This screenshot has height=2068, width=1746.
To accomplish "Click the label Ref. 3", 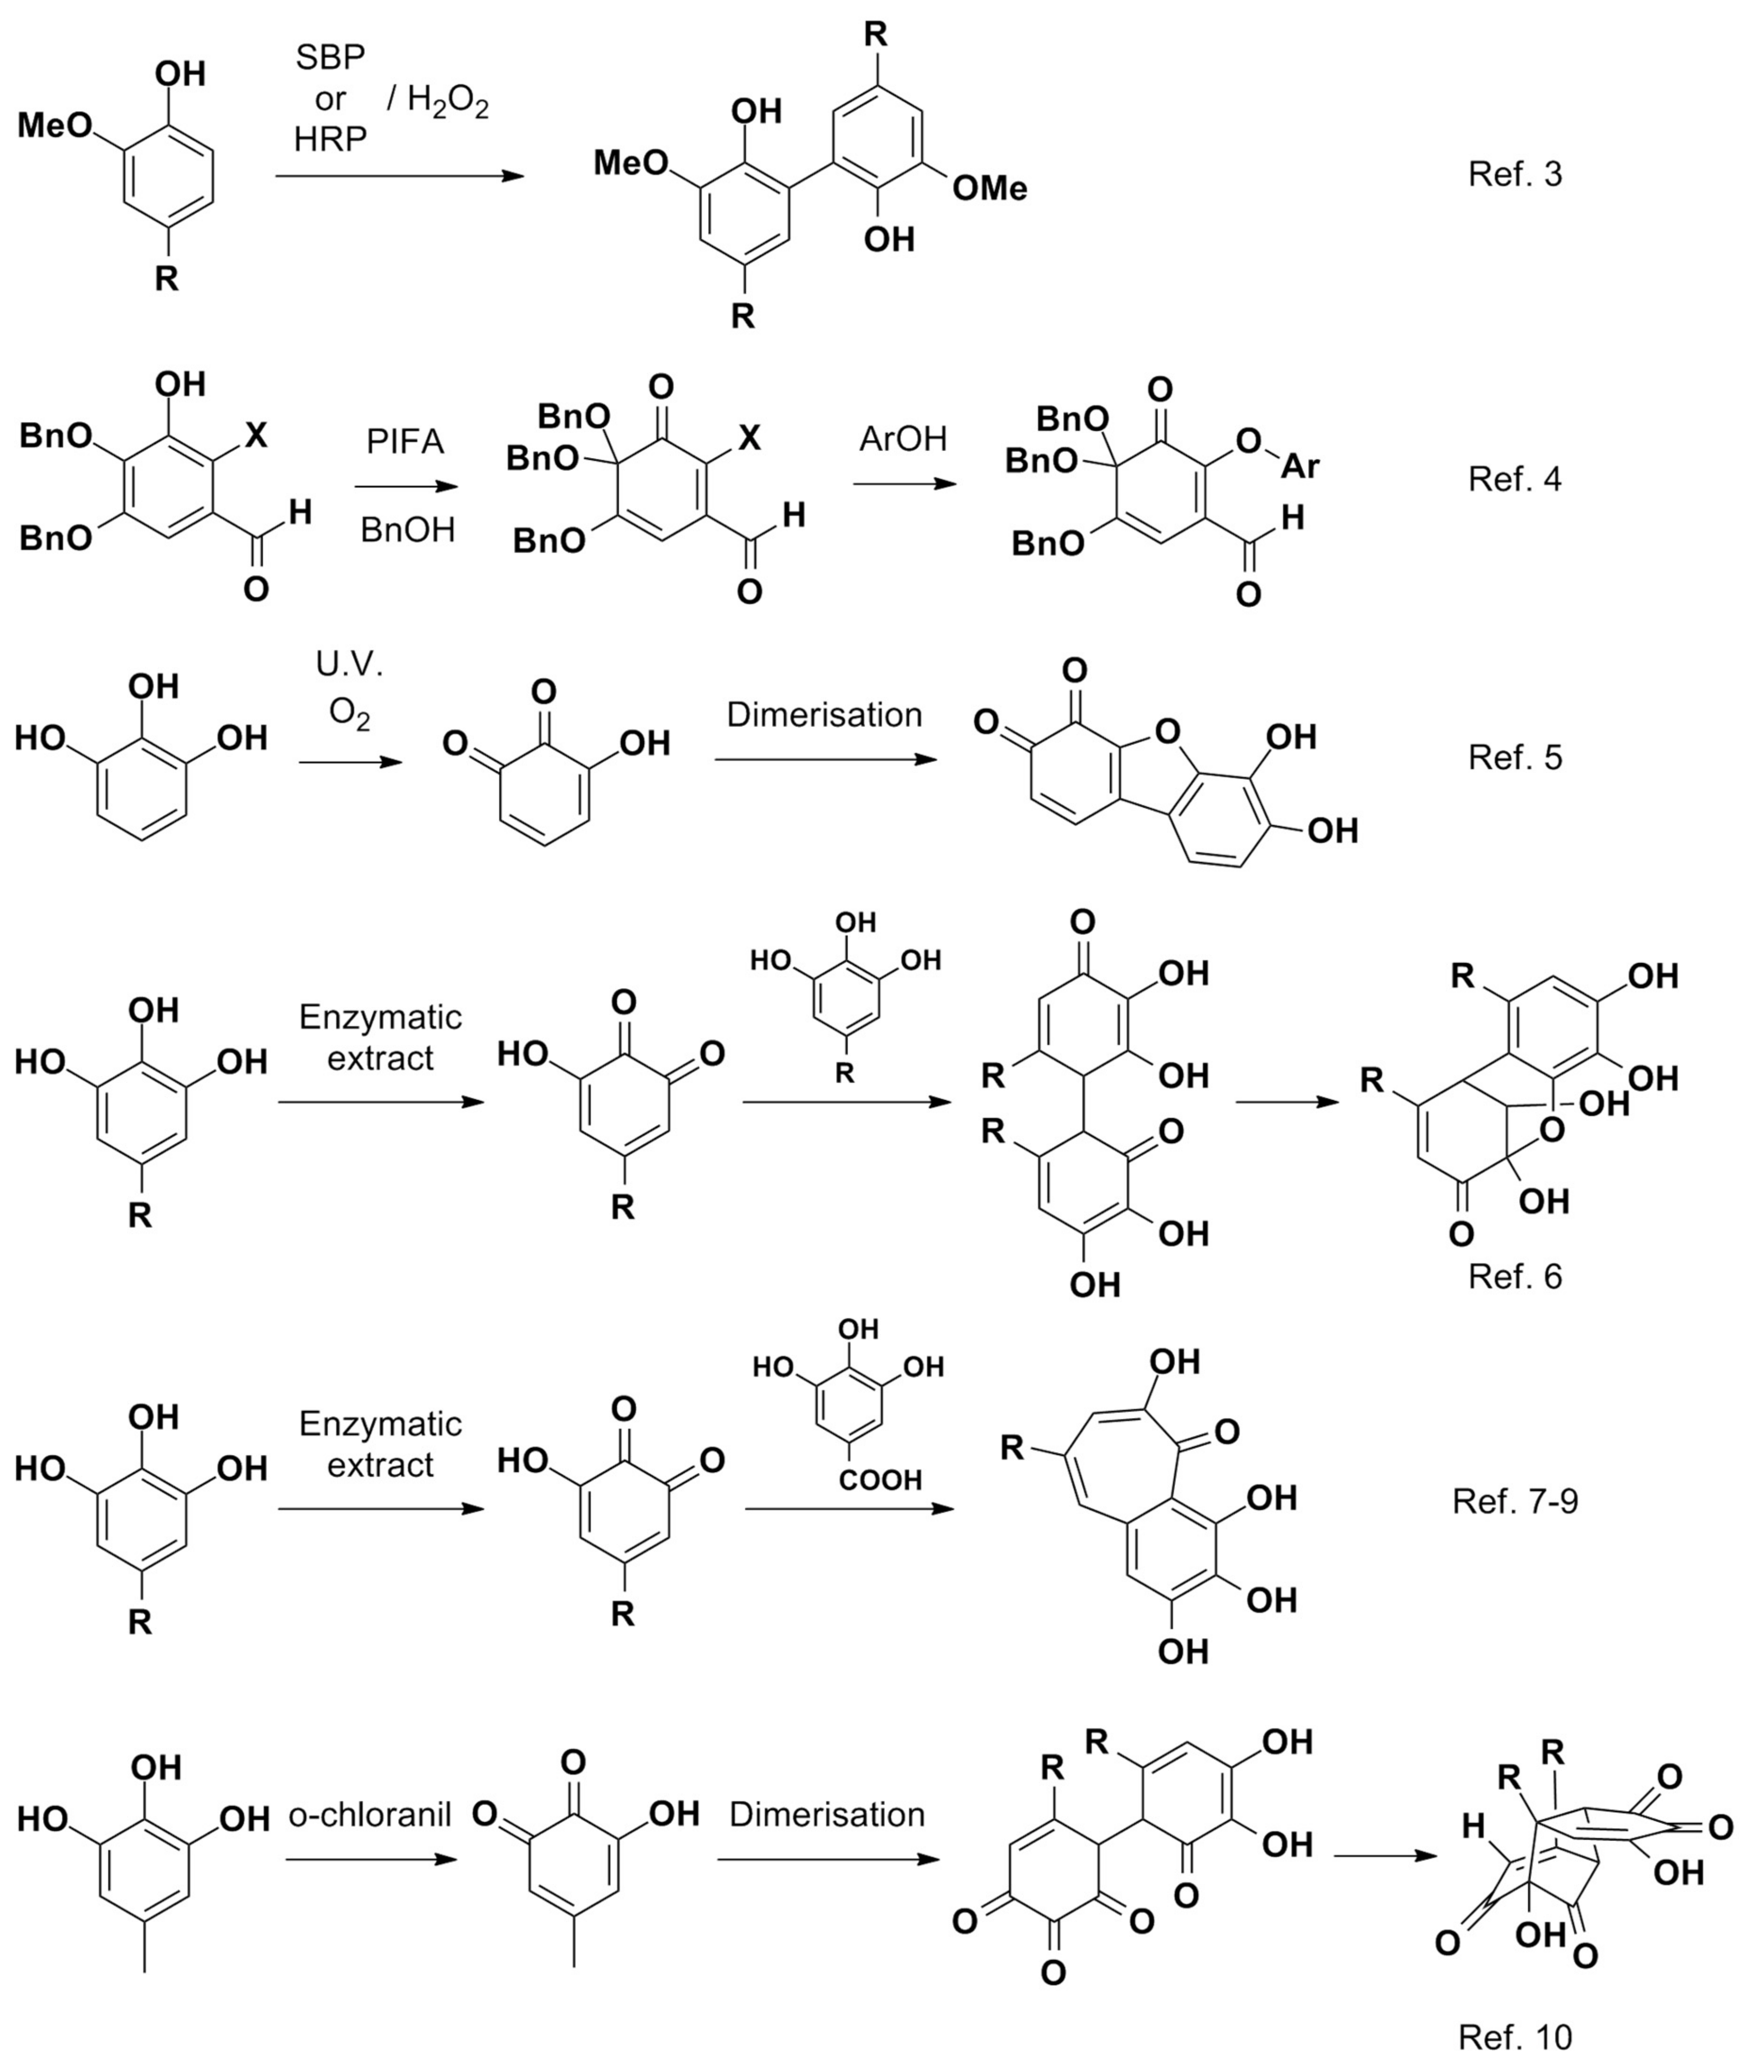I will tap(1514, 174).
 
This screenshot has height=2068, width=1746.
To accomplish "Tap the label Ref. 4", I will tap(1514, 479).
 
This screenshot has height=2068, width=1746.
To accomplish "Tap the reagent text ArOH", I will tap(903, 439).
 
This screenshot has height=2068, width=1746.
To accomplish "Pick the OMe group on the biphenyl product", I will tap(990, 188).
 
